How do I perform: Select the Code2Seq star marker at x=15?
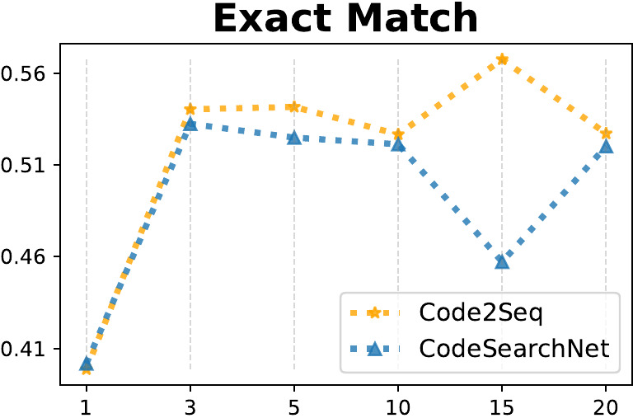502,59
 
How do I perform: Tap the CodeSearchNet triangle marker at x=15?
502,261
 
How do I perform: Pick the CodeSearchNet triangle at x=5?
293,137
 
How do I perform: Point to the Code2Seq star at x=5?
293,106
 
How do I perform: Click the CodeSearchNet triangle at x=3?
190,124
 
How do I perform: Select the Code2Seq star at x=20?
606,133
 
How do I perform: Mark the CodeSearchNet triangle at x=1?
87,364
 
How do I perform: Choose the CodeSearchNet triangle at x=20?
606,146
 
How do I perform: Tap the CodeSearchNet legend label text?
513,349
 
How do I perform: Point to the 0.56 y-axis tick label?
25,74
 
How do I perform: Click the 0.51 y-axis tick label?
25,166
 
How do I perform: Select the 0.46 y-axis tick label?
25,257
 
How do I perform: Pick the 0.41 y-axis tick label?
25,349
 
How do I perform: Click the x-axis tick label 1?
87,406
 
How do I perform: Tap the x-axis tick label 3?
190,406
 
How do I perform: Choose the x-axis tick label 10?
398,406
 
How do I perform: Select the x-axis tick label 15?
502,406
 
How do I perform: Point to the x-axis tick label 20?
606,406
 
